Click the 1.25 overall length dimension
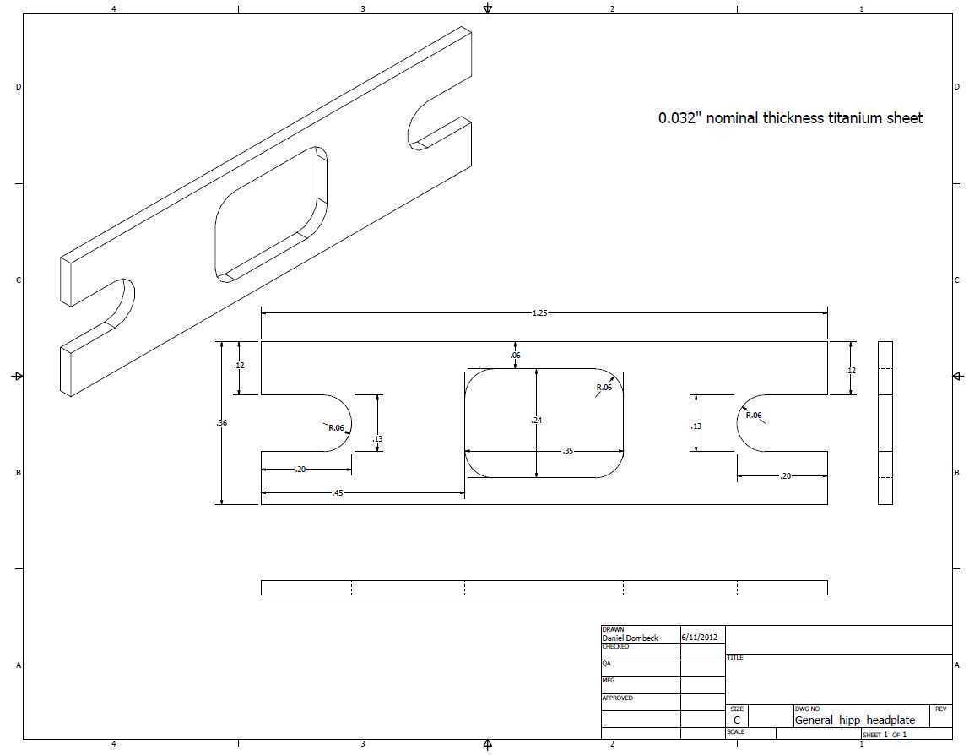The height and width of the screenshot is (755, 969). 539,312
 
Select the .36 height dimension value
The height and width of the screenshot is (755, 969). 222,423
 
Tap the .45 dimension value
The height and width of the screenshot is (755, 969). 338,493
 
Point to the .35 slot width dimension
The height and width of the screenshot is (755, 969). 568,451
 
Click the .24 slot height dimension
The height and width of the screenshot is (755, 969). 537,420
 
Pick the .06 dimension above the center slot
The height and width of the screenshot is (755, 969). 516,355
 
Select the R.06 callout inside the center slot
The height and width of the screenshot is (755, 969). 604,387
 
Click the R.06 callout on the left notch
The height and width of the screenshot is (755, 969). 336,428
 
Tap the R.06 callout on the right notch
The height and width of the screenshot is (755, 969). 754,415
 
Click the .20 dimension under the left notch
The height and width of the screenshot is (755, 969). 300,470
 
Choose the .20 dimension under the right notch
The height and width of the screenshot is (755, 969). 786,476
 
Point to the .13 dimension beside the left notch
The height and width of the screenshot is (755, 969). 377,439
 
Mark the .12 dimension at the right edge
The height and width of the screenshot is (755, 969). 851,371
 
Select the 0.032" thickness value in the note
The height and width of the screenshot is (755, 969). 679,118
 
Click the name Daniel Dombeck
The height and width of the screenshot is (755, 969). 631,638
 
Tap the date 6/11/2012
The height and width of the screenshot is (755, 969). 700,638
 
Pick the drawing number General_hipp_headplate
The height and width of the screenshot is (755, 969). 855,720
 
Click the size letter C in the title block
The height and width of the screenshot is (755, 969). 737,720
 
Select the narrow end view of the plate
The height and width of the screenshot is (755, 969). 885,423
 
